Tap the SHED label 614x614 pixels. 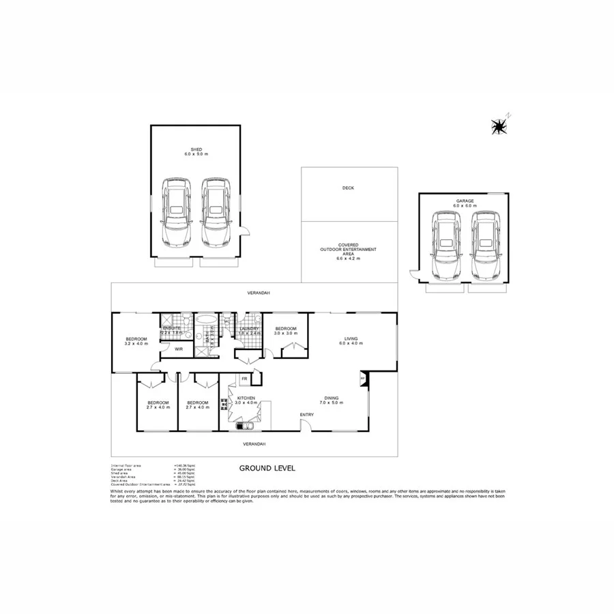coord(196,149)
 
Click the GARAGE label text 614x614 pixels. coord(465,201)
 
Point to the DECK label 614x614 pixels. coord(348,188)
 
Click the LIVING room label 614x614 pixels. coord(351,338)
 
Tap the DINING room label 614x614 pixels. coord(332,398)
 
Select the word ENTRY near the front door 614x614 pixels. coord(307,415)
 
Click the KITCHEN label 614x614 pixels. coord(246,398)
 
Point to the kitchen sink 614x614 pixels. coord(245,427)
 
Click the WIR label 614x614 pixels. coord(179,349)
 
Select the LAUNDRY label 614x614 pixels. coord(249,329)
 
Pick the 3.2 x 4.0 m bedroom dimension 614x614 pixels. coord(136,344)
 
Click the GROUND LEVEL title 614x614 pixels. coord(267,469)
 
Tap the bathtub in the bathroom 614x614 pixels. coord(205,319)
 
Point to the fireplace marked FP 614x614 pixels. coord(363,377)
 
